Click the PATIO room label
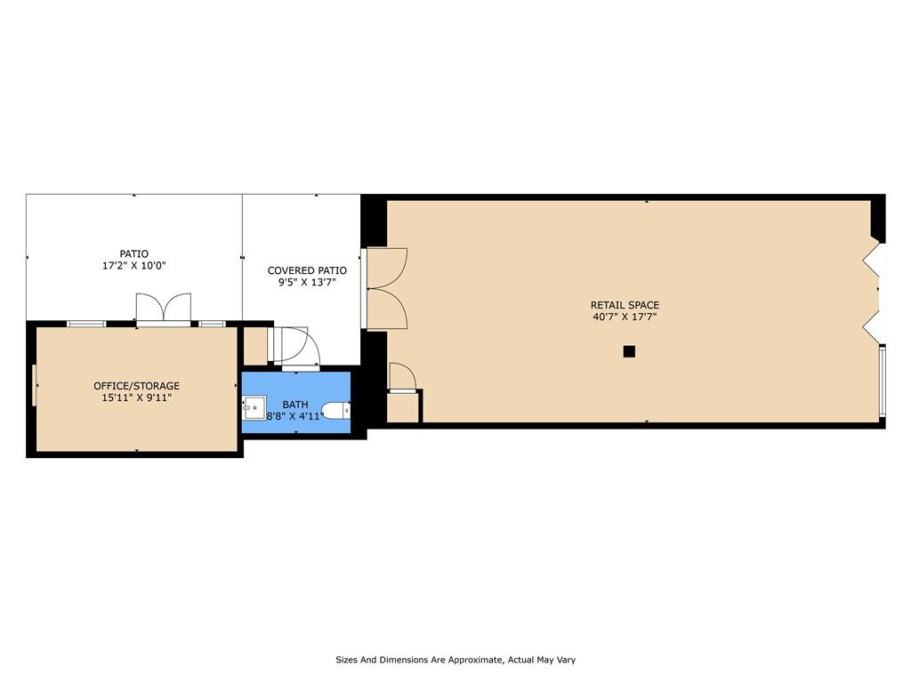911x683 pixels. [x=133, y=253]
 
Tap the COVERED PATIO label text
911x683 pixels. [x=307, y=270]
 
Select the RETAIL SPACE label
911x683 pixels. [x=625, y=305]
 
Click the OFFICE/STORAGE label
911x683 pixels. [x=136, y=386]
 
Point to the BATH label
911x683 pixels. [x=295, y=405]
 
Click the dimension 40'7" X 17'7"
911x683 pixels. [x=625, y=317]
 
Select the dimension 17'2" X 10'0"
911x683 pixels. [x=133, y=266]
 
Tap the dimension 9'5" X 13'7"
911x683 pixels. [x=307, y=283]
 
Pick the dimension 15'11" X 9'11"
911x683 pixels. [x=136, y=398]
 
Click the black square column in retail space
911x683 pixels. [x=629, y=351]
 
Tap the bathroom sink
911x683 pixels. [x=254, y=407]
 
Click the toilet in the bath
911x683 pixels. [x=336, y=411]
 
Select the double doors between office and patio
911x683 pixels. [x=164, y=308]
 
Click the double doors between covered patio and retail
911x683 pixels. [x=385, y=289]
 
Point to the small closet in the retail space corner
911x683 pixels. [x=403, y=407]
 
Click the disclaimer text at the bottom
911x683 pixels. [x=455, y=660]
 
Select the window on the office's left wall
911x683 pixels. [x=34, y=385]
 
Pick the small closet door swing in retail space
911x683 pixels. [x=402, y=376]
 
